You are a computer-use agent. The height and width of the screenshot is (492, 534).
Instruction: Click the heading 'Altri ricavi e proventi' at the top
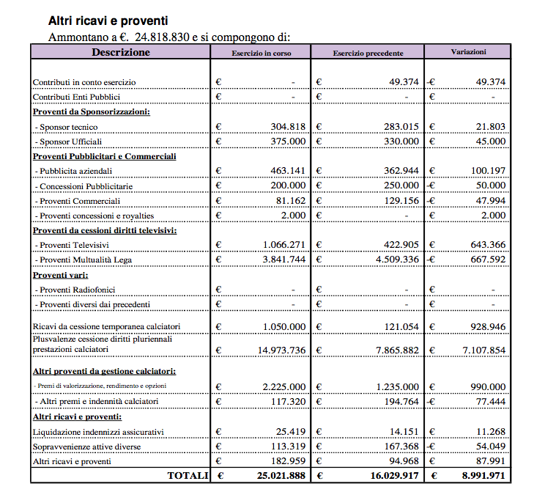point(108,21)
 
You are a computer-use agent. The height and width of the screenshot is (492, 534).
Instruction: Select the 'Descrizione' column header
point(121,52)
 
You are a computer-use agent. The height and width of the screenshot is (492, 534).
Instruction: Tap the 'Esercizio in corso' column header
point(262,53)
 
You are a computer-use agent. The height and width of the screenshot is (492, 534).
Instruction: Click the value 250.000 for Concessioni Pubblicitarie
point(401,186)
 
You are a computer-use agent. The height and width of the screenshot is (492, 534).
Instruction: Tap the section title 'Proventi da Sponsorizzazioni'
point(91,111)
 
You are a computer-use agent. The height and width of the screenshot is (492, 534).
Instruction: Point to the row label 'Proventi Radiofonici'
point(77,290)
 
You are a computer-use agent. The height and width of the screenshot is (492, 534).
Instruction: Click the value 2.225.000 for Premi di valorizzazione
point(283,386)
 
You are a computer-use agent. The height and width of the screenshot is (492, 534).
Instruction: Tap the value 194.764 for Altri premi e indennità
point(401,401)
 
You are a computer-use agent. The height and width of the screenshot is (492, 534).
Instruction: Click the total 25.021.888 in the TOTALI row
point(281,476)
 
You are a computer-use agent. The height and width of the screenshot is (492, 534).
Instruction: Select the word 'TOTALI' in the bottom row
point(188,476)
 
